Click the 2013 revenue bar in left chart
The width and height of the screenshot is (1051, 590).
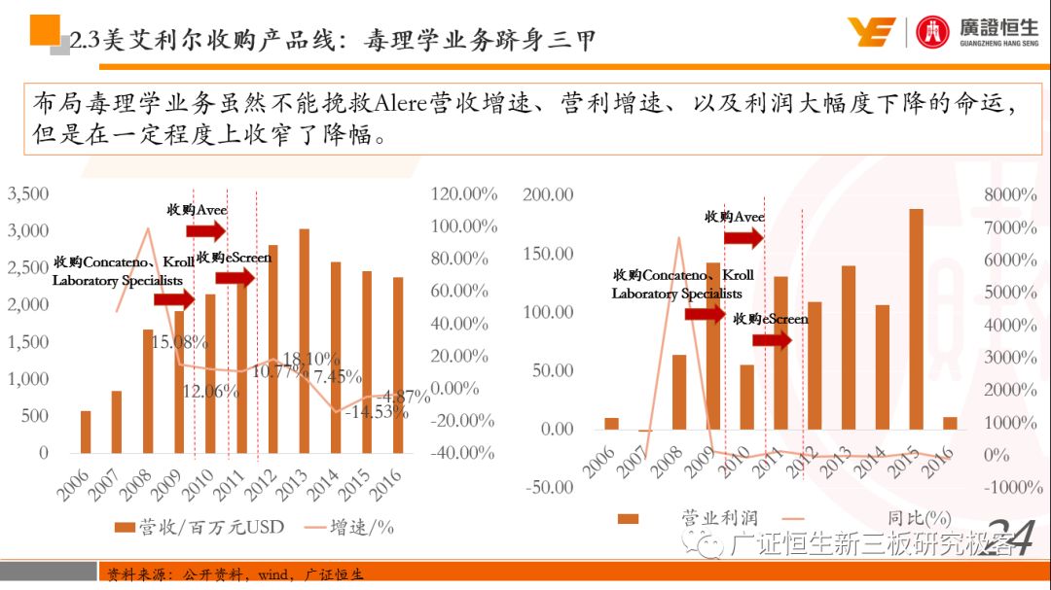click(305, 340)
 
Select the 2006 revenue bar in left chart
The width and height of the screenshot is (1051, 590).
click(86, 432)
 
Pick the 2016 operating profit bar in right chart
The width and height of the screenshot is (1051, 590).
click(950, 423)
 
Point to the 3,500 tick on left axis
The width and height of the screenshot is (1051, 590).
click(28, 193)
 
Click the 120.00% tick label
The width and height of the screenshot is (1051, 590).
click(464, 193)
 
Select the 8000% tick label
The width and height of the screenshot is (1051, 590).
click(1010, 194)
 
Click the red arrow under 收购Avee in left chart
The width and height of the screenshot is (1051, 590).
click(205, 229)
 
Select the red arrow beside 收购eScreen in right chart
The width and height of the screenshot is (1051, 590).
click(773, 339)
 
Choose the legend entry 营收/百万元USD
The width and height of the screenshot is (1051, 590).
click(199, 526)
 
